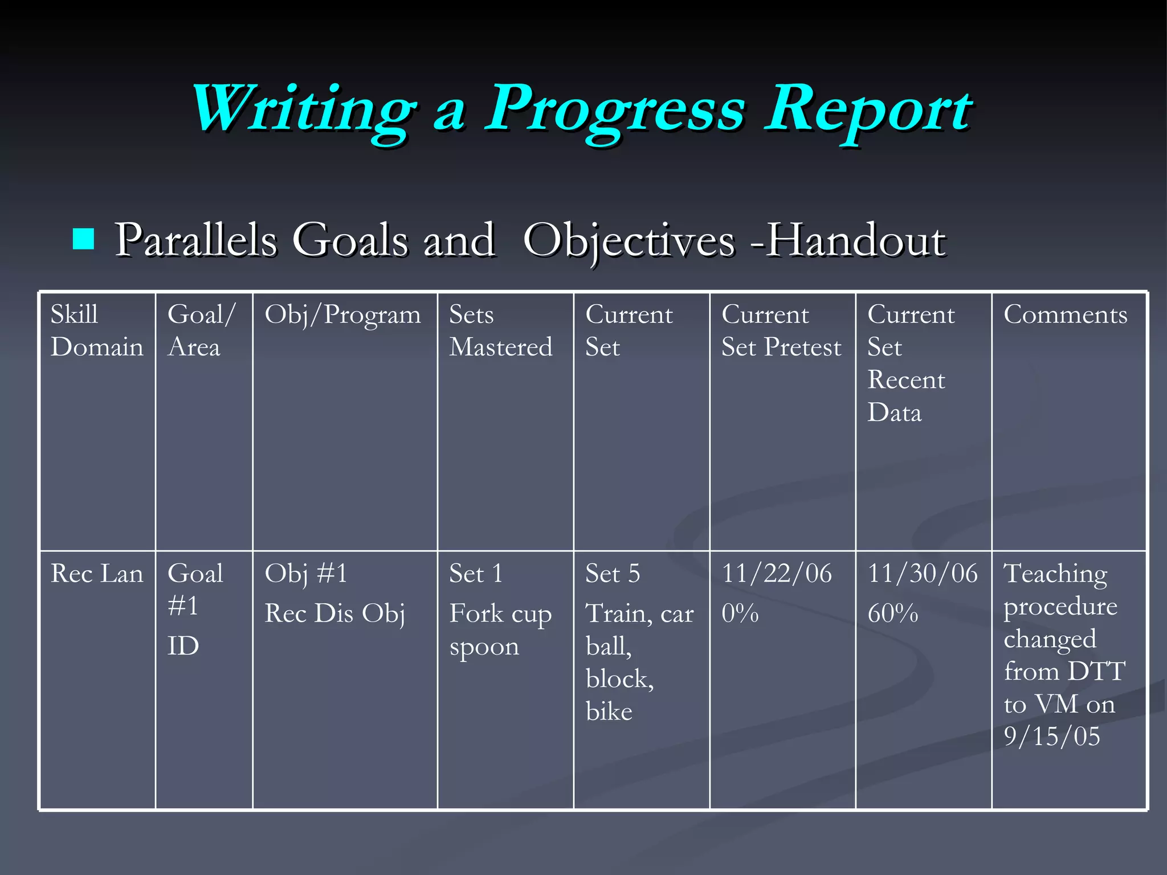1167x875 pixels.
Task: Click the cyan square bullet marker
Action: pos(83,239)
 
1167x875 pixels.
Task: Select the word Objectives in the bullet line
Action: pos(629,240)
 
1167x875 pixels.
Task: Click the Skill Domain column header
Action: pos(96,331)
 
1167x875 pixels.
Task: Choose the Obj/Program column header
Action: pos(342,314)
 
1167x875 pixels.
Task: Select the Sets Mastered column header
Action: pos(500,331)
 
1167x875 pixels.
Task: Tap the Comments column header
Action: pos(1065,314)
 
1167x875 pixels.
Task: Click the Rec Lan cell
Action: pos(96,574)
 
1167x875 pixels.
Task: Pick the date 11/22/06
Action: pos(777,574)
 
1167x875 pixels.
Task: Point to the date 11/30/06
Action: pos(923,574)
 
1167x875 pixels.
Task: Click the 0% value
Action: pos(740,614)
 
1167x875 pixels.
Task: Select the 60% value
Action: pos(892,614)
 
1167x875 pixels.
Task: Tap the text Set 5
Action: pos(613,574)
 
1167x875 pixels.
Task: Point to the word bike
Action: pos(609,712)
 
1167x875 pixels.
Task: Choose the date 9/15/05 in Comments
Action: pos(1051,737)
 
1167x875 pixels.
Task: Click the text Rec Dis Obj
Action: pos(334,614)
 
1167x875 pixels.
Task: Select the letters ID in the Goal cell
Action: pos(183,647)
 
